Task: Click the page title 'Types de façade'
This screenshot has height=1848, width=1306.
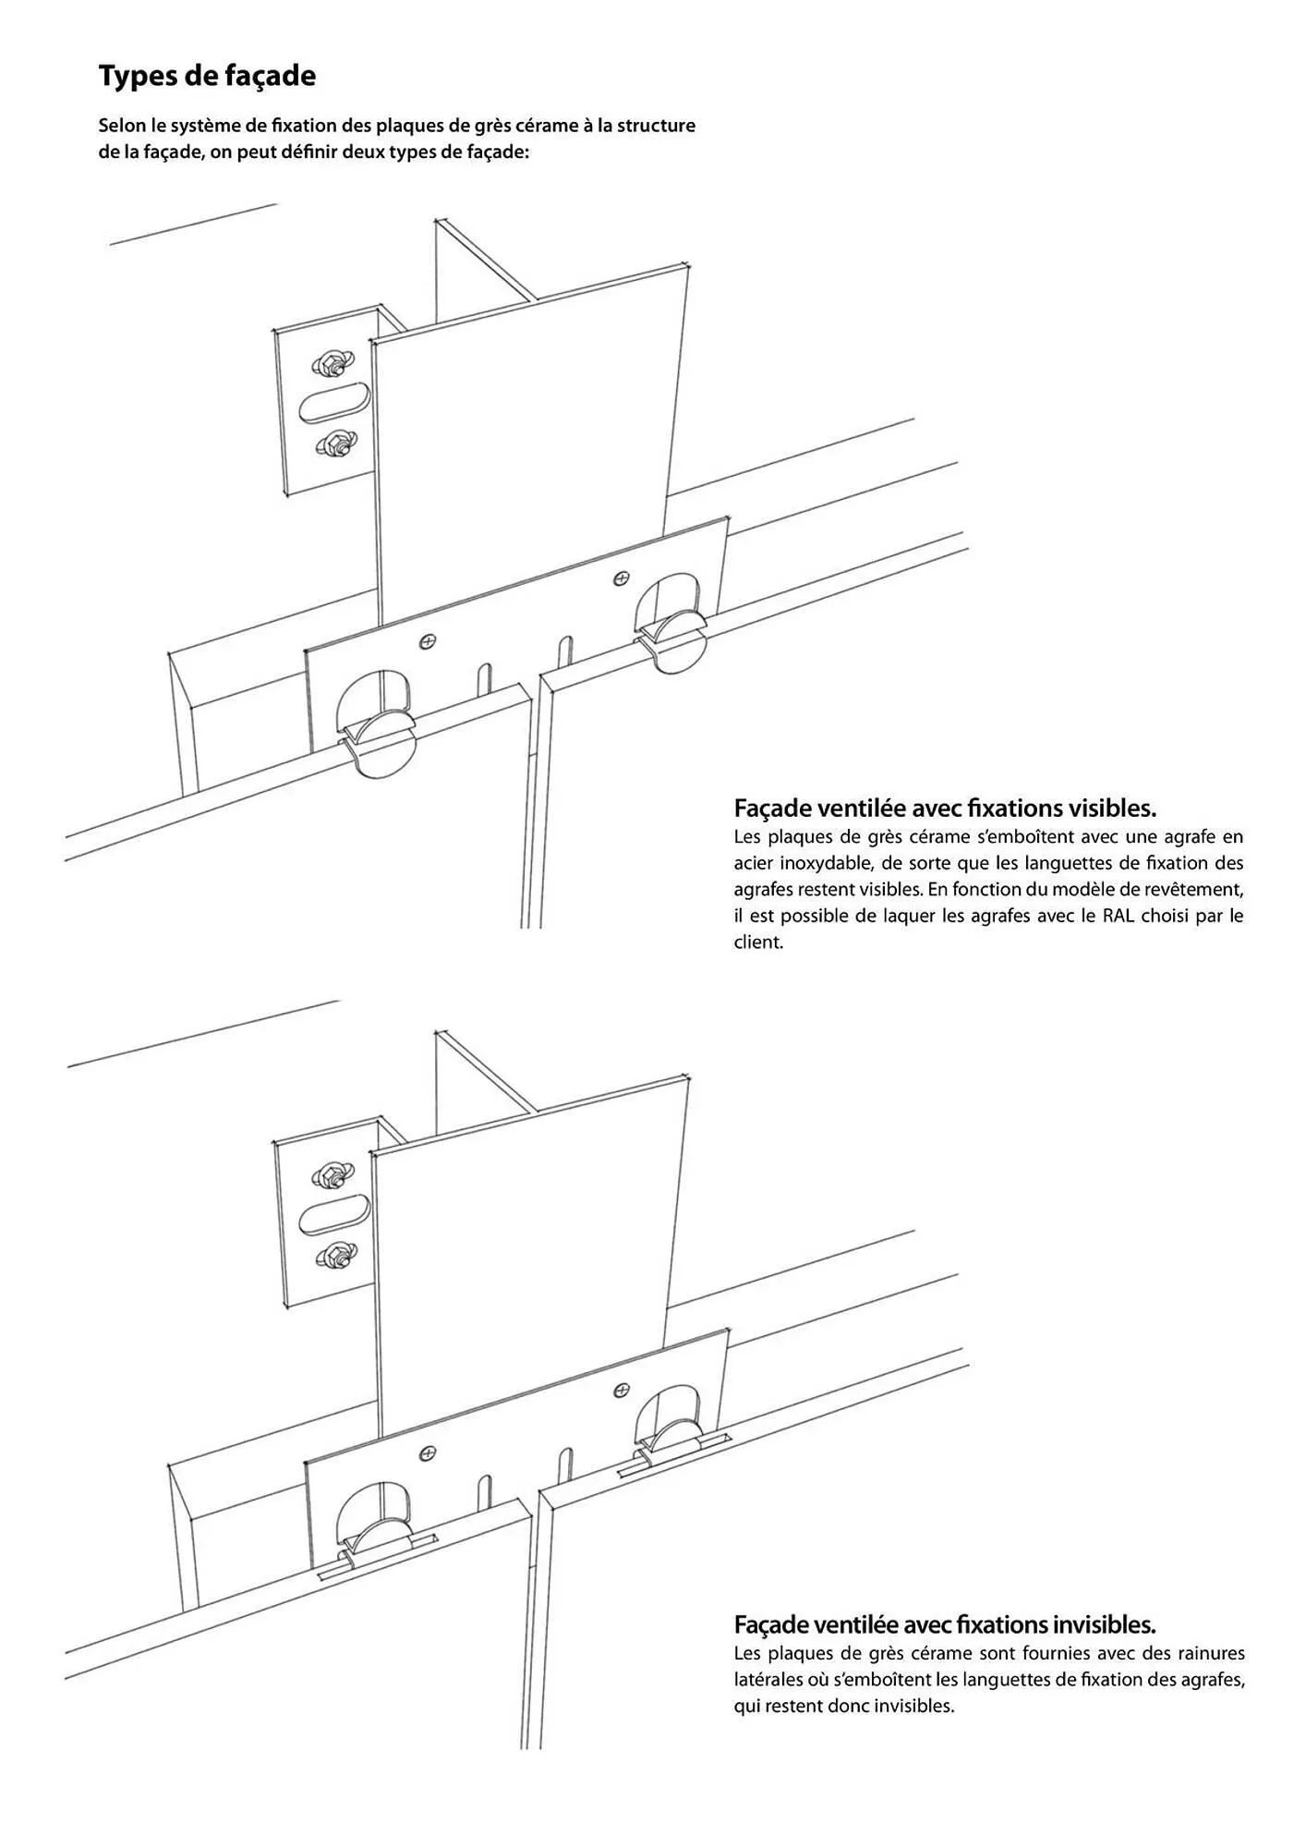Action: click(x=207, y=76)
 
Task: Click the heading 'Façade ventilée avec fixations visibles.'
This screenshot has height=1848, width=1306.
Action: click(x=945, y=808)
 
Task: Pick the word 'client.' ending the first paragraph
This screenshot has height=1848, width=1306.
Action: click(x=758, y=942)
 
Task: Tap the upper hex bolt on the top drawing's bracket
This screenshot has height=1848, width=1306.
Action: click(x=328, y=363)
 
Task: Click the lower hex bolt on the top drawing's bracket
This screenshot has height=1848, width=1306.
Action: click(x=330, y=445)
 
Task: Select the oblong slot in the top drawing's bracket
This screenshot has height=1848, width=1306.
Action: click(x=334, y=405)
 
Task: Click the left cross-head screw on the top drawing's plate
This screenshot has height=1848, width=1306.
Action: click(x=427, y=640)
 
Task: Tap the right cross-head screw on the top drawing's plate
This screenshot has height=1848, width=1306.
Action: click(x=622, y=578)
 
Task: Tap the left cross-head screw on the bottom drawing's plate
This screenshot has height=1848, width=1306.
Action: click(x=427, y=1453)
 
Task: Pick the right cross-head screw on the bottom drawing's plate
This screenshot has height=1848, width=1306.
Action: click(x=622, y=1390)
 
